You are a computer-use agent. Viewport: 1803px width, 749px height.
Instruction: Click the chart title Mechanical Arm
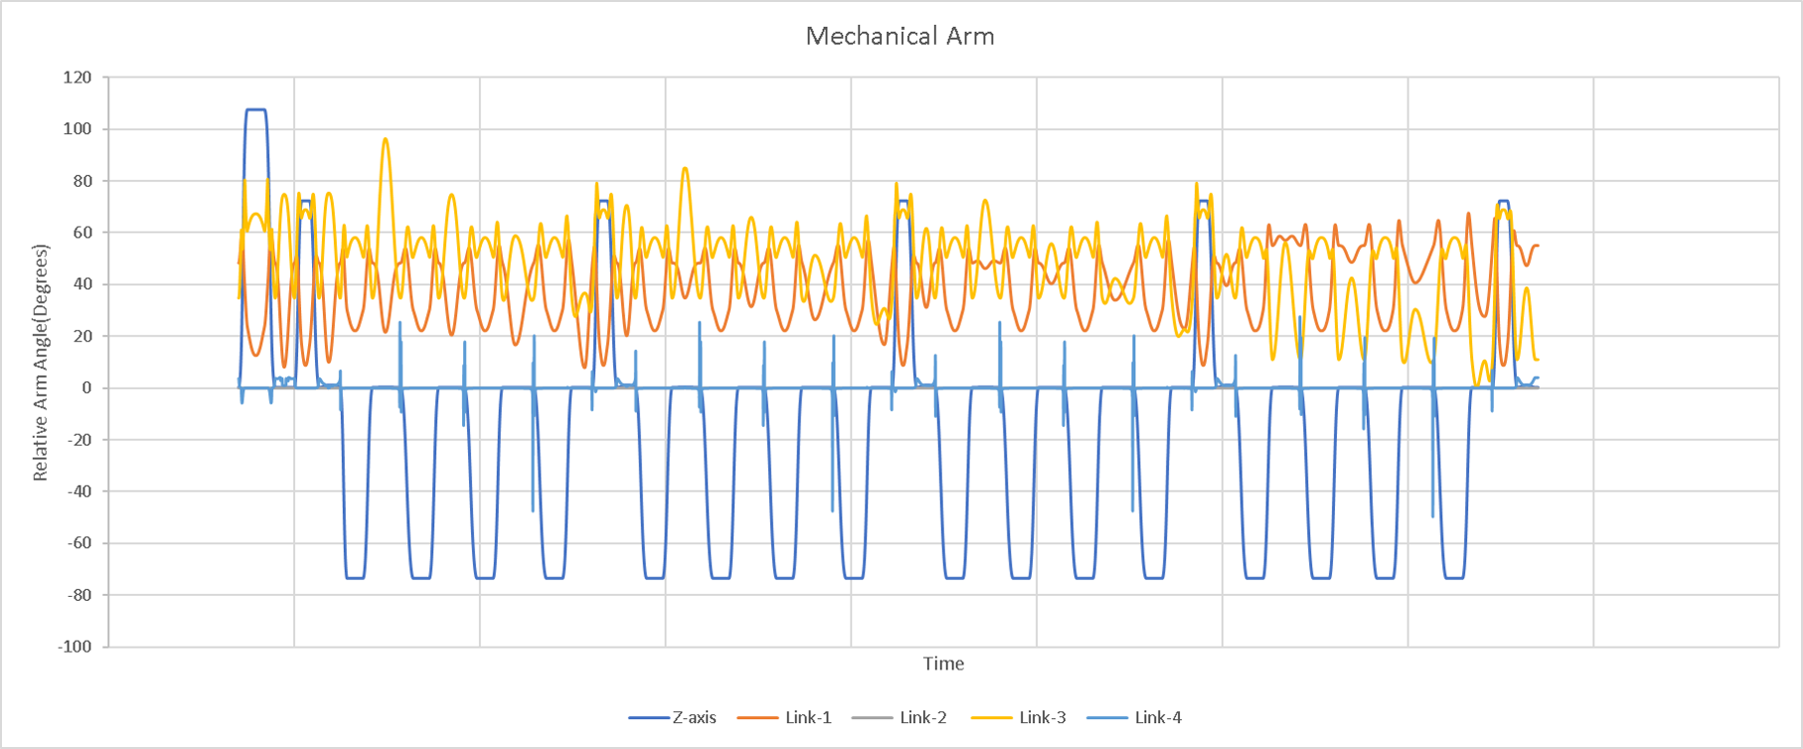[x=900, y=37]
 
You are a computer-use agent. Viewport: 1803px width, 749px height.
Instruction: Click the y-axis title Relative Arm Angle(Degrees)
[x=41, y=362]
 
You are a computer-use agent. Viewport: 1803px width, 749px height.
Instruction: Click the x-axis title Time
[x=943, y=663]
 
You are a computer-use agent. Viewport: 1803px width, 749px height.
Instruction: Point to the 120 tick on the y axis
[x=77, y=78]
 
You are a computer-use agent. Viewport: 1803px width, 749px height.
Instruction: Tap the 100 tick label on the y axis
[x=77, y=129]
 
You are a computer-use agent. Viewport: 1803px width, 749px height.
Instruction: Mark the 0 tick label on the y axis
[x=85, y=388]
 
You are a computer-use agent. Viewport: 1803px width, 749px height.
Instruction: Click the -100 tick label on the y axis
[x=75, y=647]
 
